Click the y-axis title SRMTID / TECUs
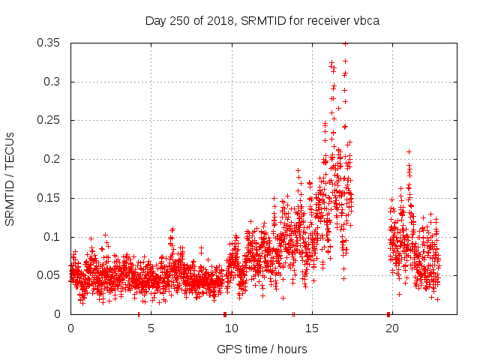tap(10, 178)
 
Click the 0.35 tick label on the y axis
tap(50, 43)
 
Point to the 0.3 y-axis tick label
tap(53, 81)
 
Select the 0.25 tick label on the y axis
tap(50, 120)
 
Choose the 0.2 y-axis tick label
tap(53, 159)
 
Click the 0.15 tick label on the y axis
tap(50, 198)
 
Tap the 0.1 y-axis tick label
tap(53, 236)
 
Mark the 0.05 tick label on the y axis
tap(50, 275)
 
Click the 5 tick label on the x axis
tap(151, 328)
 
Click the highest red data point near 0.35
tap(345, 43)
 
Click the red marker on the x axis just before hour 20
tap(388, 313)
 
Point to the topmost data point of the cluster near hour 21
tap(409, 151)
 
